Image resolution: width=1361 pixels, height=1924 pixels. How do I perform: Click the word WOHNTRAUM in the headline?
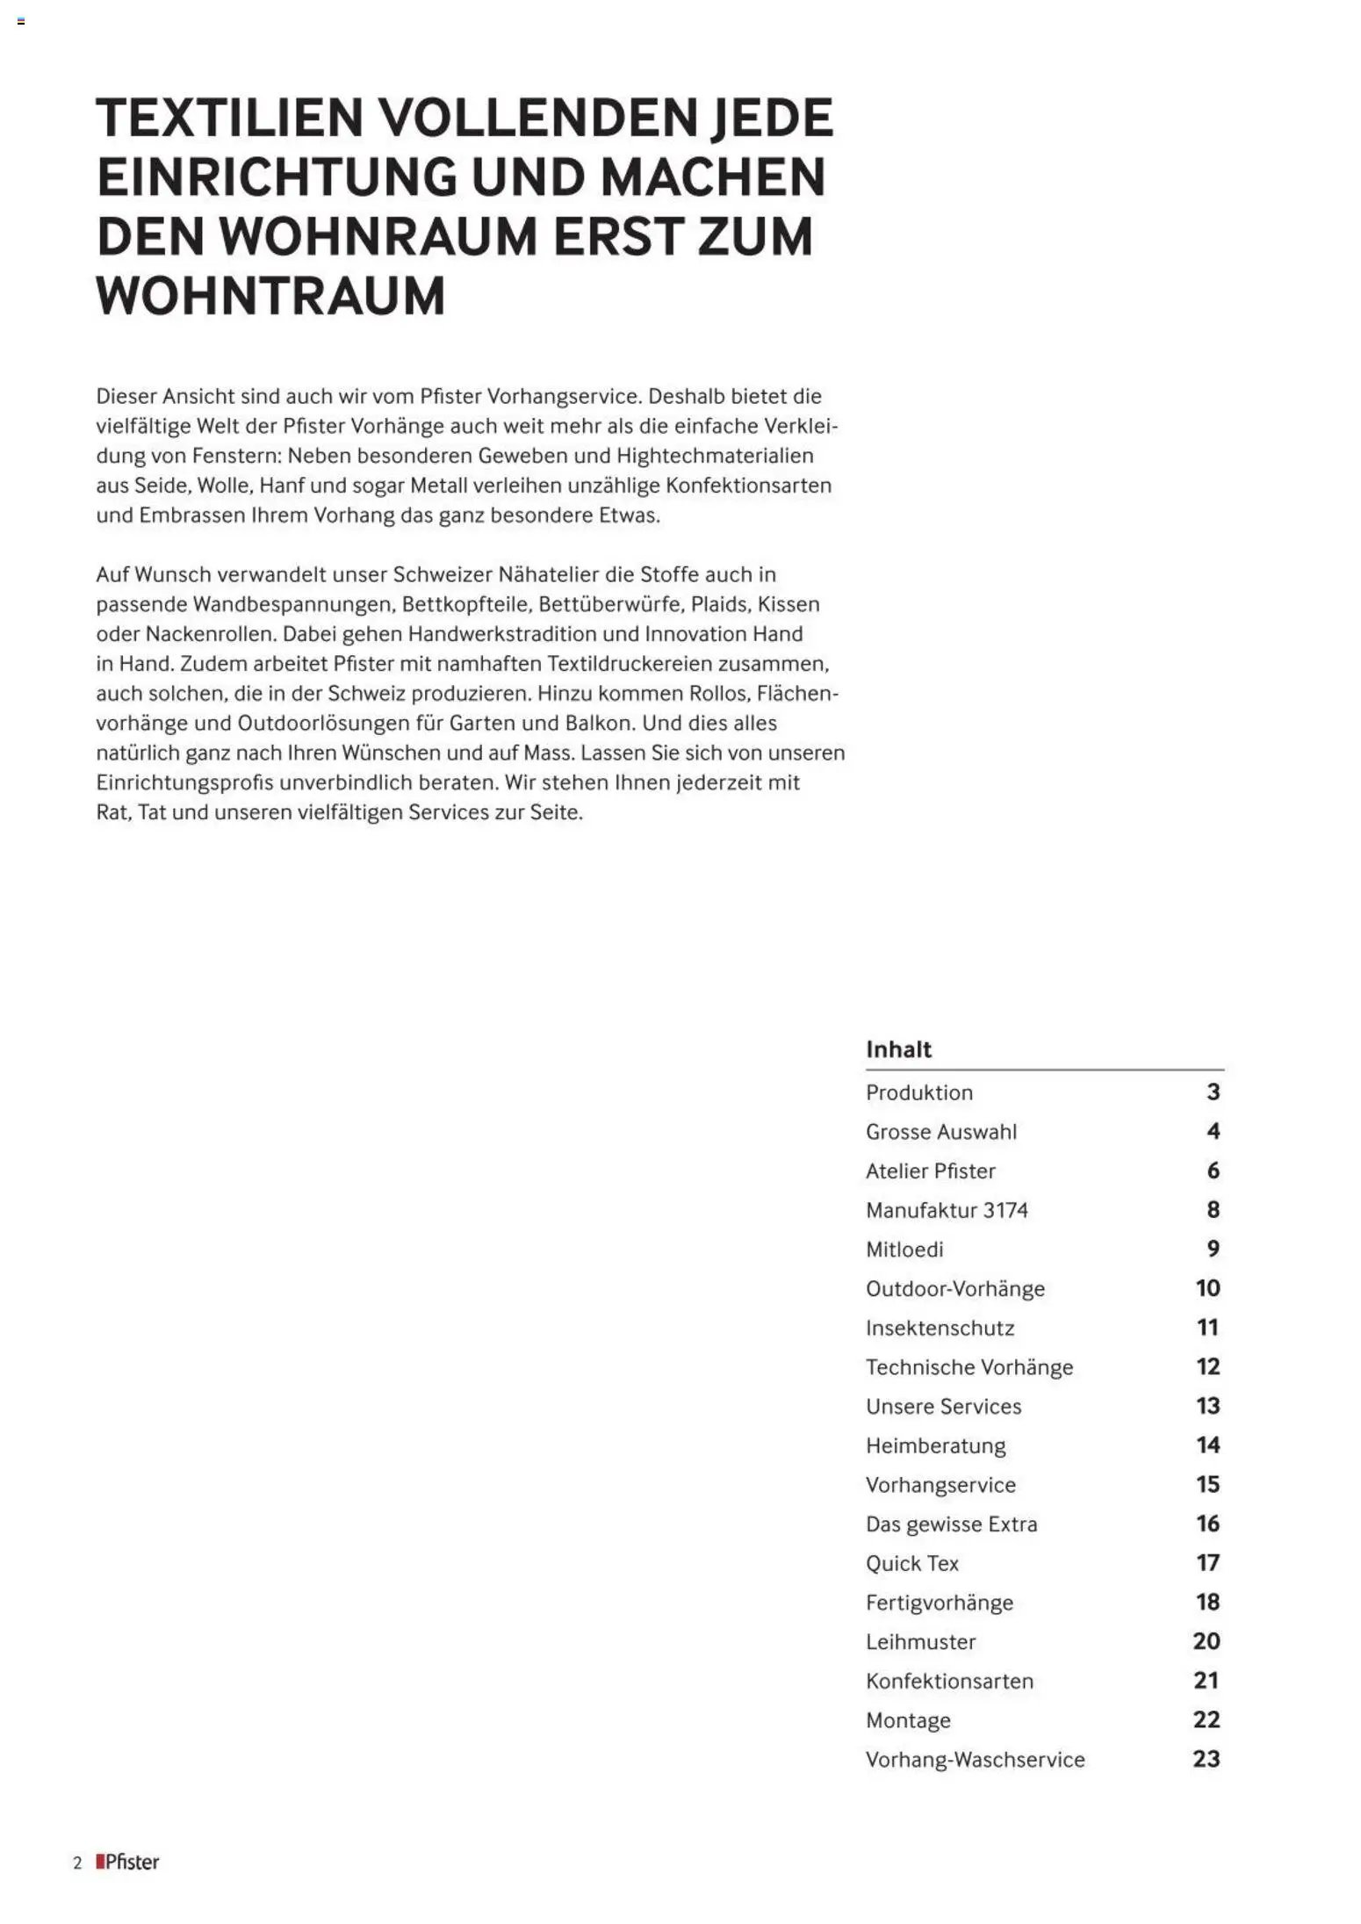270,296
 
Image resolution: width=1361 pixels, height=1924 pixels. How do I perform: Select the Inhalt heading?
898,1049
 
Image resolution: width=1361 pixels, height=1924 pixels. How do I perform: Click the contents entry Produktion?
919,1092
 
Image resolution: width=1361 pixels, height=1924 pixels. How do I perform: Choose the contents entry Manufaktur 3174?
947,1210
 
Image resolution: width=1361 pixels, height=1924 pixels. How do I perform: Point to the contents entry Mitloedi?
904,1249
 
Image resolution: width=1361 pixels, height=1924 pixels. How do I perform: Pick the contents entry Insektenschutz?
940,1328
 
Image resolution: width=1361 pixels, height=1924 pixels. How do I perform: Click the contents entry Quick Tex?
912,1563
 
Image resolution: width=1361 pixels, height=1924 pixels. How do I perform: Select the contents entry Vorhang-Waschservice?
975,1760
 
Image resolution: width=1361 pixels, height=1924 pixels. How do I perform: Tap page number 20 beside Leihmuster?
1206,1641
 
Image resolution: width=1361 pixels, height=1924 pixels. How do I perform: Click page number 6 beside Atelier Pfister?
1213,1171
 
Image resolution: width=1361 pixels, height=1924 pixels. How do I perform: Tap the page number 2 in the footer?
77,1863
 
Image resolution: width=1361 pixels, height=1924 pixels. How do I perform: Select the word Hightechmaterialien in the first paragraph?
715,456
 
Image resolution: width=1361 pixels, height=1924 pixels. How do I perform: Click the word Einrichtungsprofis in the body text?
184,782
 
